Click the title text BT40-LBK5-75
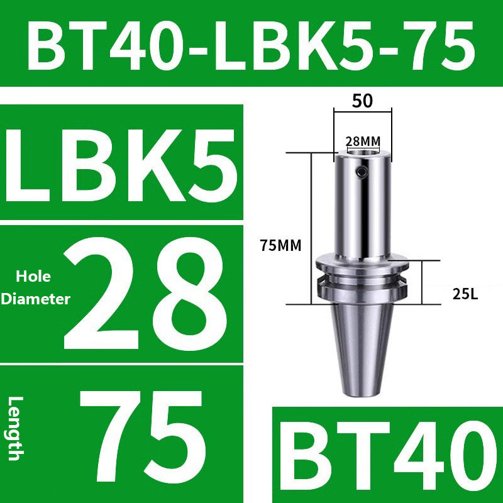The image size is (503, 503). [x=251, y=45]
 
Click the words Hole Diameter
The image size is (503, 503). [x=35, y=288]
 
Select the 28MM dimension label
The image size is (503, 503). [x=363, y=140]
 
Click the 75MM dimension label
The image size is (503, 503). [x=280, y=246]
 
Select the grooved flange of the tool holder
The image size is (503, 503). [x=362, y=277]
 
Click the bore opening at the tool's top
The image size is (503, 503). [x=363, y=152]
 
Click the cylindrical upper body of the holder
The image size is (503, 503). [x=362, y=207]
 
